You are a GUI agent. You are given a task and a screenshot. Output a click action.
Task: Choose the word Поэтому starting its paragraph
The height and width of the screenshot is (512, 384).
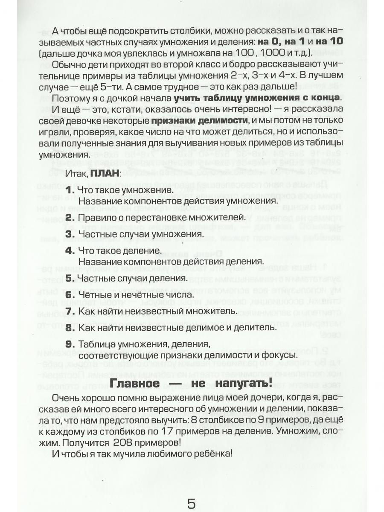(70, 98)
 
